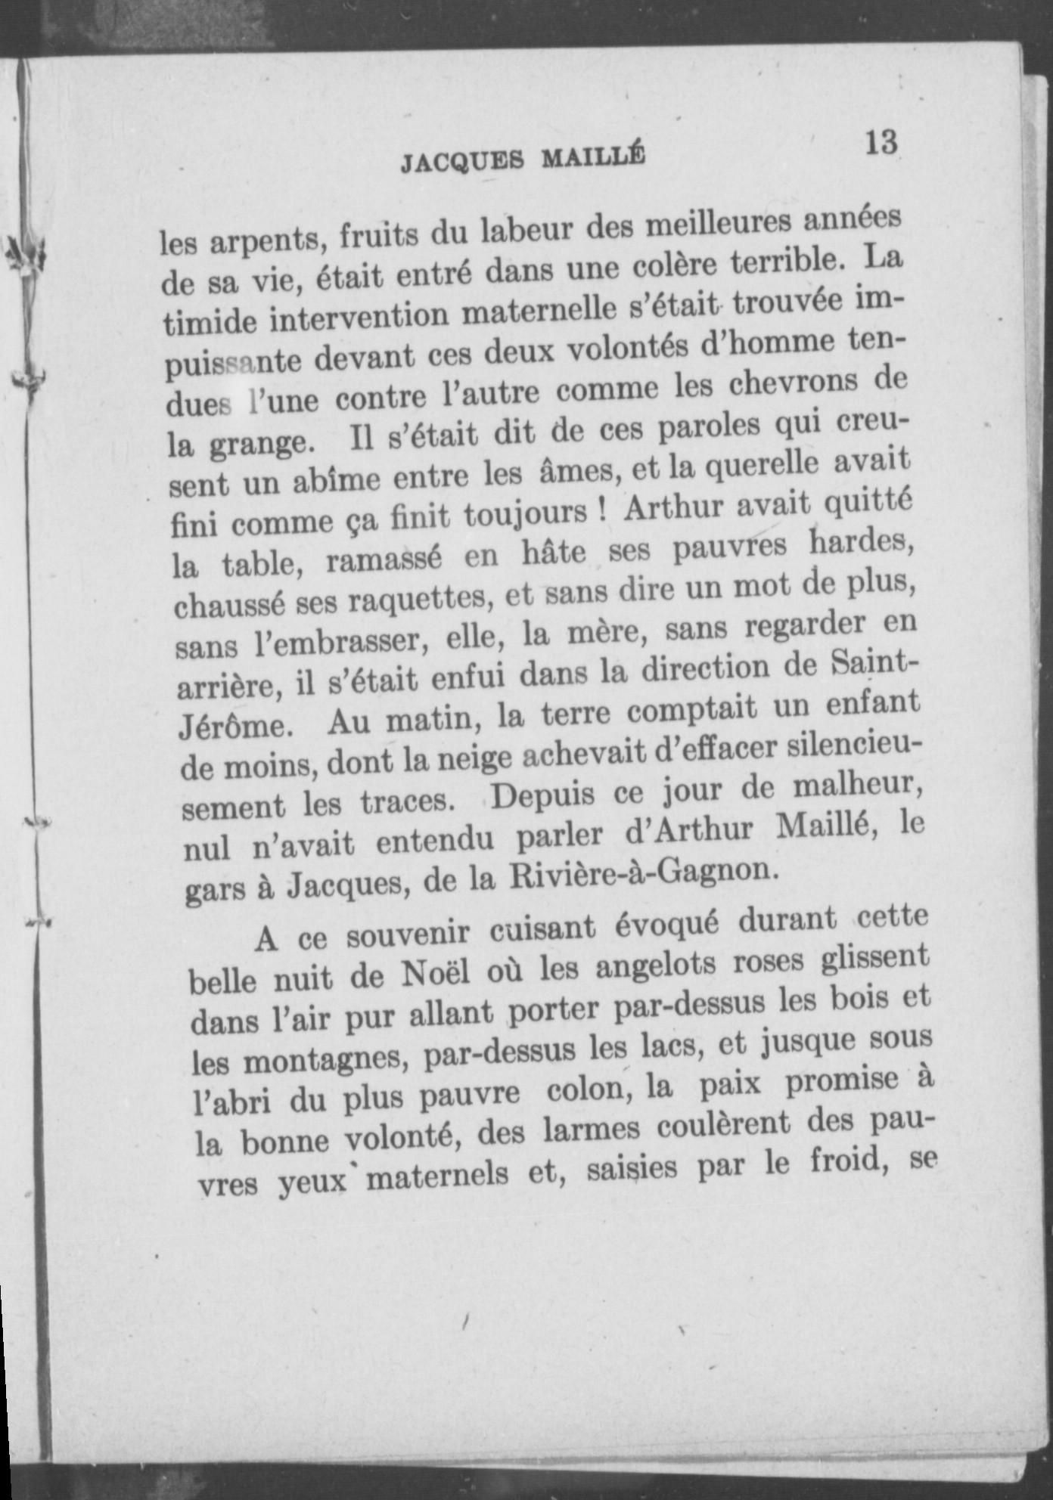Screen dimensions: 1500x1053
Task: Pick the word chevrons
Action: [x=786, y=386]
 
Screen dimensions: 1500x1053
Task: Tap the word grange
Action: [x=259, y=442]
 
